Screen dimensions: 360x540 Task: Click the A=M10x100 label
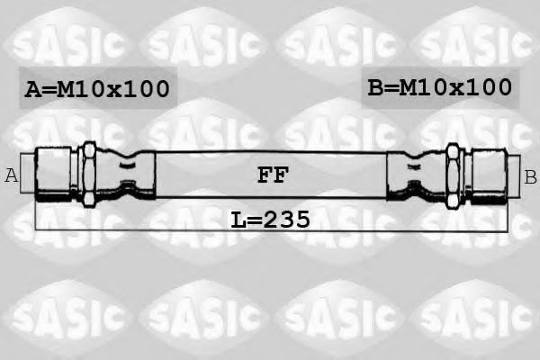click(96, 88)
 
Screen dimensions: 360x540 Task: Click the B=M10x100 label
click(439, 87)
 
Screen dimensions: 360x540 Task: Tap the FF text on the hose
click(273, 175)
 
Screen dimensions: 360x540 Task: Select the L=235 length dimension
click(271, 219)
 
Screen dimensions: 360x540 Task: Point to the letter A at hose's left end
click(12, 175)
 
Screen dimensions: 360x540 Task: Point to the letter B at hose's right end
click(530, 176)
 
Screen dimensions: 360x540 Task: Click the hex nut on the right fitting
click(453, 174)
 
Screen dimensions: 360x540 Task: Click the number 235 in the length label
click(289, 219)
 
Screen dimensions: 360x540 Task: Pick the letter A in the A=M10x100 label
click(33, 88)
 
